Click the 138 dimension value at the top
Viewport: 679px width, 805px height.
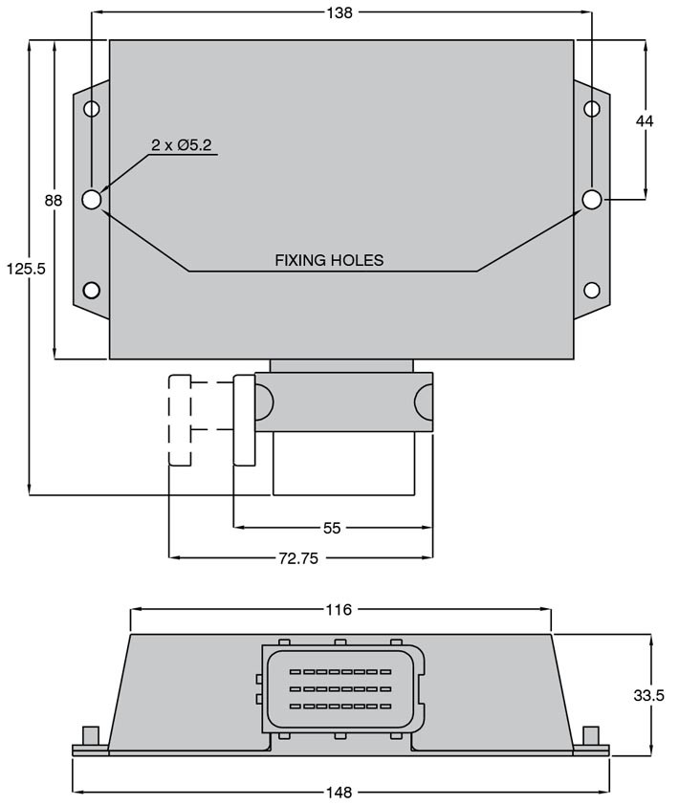(x=339, y=12)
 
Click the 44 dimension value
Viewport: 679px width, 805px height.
(x=645, y=120)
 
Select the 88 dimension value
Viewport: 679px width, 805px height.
(x=54, y=201)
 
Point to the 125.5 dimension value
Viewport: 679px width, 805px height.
(x=26, y=269)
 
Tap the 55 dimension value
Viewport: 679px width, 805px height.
(x=332, y=527)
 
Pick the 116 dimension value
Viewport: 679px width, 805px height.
(x=339, y=609)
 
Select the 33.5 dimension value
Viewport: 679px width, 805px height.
(x=648, y=695)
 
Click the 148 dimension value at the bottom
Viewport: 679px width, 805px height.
(x=339, y=793)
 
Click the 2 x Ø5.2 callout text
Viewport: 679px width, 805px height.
(x=181, y=145)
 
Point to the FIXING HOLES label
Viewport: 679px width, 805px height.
(x=329, y=260)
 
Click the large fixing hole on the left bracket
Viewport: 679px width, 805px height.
(x=92, y=200)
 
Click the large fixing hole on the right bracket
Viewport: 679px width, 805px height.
(x=592, y=199)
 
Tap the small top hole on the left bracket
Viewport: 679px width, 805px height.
(x=92, y=109)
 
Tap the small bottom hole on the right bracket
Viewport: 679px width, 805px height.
(x=592, y=290)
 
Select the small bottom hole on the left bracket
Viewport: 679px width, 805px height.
(x=92, y=290)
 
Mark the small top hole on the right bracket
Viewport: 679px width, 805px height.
(x=592, y=109)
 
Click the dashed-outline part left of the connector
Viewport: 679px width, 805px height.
(x=180, y=420)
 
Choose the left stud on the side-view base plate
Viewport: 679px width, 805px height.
(x=90, y=736)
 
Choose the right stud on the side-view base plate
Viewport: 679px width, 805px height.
(x=591, y=736)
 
